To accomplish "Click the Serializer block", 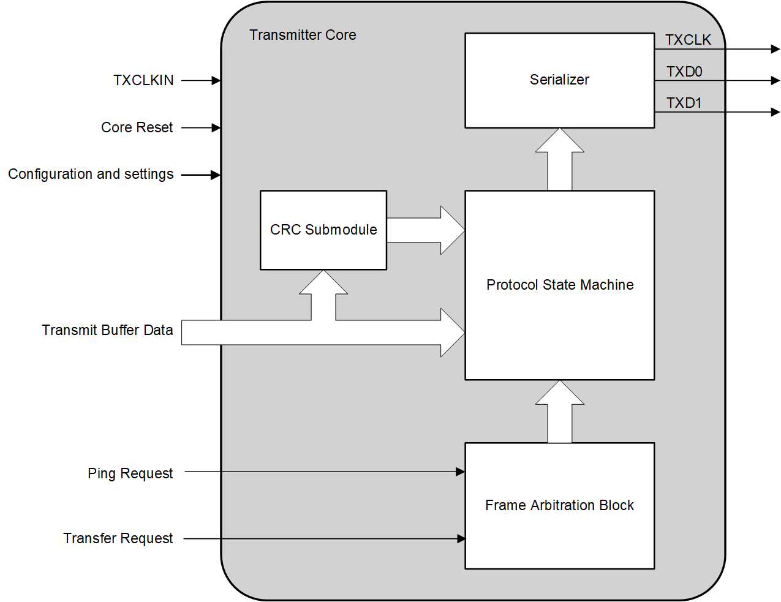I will tap(559, 80).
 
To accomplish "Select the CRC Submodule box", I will tap(323, 230).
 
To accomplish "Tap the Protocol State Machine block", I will tap(559, 285).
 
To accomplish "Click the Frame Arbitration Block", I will tap(559, 505).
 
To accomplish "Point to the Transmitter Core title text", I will tap(303, 35).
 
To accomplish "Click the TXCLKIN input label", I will tap(143, 80).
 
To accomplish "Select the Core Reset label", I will tap(137, 127).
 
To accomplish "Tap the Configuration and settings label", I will tap(91, 175).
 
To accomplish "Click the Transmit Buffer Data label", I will tap(107, 330).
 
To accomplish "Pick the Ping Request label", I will tap(130, 473).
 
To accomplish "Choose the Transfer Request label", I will tap(118, 538).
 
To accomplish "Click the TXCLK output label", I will tap(688, 40).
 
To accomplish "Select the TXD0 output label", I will tap(684, 72).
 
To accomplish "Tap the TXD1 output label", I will tap(684, 103).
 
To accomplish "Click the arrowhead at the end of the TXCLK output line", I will tap(775, 49).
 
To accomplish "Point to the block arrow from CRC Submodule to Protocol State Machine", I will tap(426, 230).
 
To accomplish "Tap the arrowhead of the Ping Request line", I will tap(461, 472).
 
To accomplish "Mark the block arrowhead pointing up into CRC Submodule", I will tap(323, 283).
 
